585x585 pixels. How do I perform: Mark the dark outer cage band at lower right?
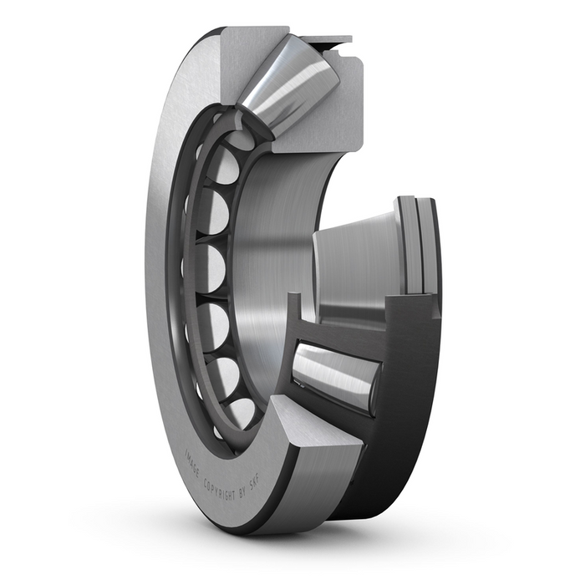409,418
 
